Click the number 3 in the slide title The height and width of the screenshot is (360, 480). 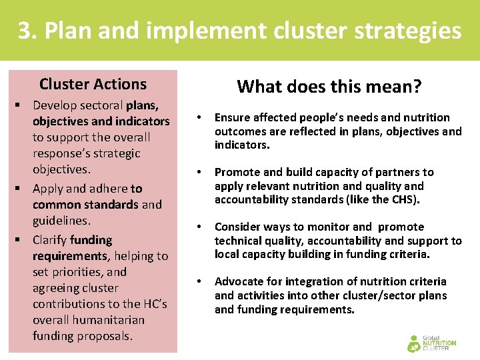coord(24,31)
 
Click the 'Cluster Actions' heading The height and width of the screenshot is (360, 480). coord(93,84)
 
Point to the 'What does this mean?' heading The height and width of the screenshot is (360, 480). coord(329,86)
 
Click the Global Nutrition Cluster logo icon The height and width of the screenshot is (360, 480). coord(415,343)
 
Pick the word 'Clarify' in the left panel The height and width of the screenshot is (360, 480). coord(49,240)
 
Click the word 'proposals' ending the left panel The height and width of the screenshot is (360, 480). coord(105,336)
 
